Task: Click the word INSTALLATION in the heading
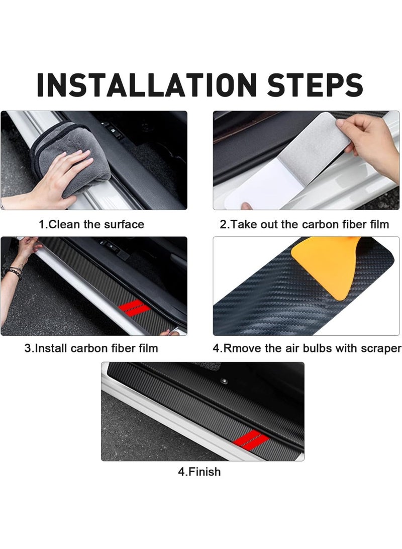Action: [x=147, y=85]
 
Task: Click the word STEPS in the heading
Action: [x=315, y=85]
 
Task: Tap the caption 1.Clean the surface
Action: [x=91, y=224]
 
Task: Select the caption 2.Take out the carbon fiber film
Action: [x=304, y=224]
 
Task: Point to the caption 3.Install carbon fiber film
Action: [x=91, y=348]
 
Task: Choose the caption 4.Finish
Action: [x=199, y=472]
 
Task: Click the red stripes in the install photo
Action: [x=134, y=308]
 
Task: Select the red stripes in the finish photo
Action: [x=251, y=439]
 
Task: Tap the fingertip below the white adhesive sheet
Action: [x=247, y=206]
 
